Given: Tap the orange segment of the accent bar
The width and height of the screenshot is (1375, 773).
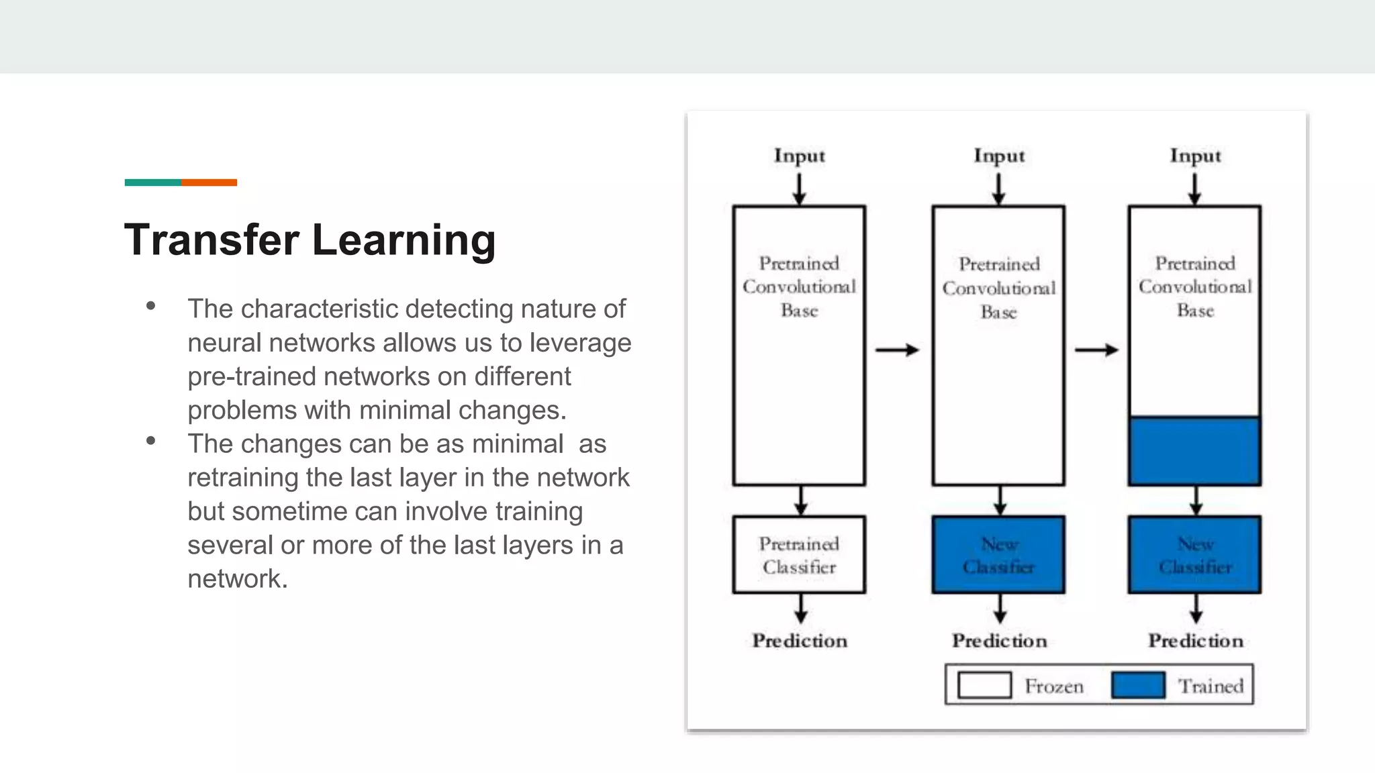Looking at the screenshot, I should pos(209,183).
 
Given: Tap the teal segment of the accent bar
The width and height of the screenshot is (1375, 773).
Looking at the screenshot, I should pos(152,183).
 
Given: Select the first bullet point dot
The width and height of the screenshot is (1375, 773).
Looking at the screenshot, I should pos(150,307).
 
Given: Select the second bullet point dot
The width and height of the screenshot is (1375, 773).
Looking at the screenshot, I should pos(150,441).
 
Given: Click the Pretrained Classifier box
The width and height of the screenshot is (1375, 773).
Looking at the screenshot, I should pos(799,555).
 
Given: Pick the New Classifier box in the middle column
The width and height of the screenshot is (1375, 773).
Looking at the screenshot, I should pos(998,555).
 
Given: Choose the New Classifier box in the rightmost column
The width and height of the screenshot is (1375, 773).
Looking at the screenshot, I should pos(1194,555).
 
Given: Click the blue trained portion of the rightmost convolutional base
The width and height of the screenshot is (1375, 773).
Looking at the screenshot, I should pos(1194,451).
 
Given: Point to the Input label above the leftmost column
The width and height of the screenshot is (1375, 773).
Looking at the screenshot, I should pos(799,156).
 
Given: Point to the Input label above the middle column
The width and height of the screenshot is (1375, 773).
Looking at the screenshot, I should pos(999,156).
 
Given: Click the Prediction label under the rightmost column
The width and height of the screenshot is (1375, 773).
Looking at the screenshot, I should pos(1195,641).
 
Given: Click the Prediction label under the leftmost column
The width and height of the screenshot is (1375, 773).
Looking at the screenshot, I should pos(799,641).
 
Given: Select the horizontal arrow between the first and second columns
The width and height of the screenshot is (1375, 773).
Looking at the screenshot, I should pos(897,350).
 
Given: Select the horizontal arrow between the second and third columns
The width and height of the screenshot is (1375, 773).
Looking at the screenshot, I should pos(1096,350).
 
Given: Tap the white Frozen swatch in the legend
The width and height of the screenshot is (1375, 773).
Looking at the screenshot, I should pos(984,685).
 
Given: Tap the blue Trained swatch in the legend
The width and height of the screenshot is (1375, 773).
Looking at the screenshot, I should pos(1138,685).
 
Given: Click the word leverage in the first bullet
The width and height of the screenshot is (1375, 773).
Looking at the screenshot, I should pos(580,344).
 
